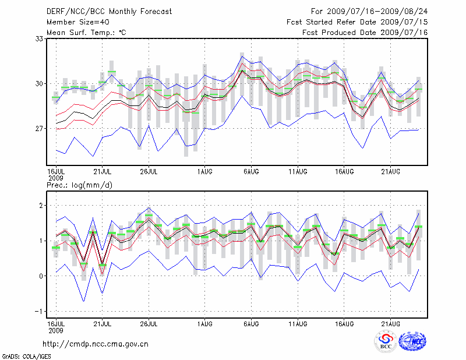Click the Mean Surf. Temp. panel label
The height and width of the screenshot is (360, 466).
coord(86,32)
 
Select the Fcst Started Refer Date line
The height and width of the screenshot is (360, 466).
coord(357,22)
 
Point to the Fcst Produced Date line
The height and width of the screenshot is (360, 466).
coord(365,32)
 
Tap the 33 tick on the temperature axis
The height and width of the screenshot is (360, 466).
coord(40,39)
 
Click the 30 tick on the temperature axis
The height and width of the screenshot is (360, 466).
coord(40,83)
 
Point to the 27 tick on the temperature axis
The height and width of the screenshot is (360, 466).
coord(40,128)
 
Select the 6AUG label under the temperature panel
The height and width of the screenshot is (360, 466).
coord(251,172)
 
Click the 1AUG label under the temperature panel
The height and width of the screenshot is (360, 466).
coord(204,172)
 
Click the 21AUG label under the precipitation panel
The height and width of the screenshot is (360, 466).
coord(390,322)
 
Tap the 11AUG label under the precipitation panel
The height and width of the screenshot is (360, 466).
coord(298,322)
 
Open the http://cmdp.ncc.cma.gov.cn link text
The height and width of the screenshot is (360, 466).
coord(96,344)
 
